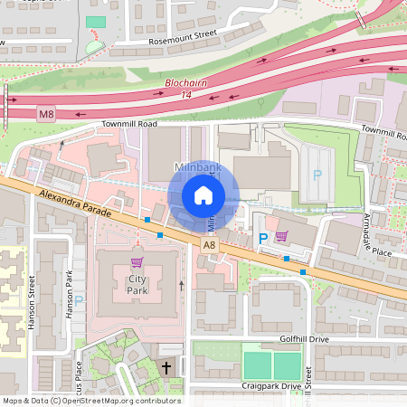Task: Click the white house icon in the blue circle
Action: (203, 195)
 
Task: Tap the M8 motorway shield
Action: (46, 114)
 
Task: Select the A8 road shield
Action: (209, 244)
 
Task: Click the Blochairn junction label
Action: (187, 83)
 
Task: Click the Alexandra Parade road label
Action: (75, 204)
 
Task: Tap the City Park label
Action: (137, 285)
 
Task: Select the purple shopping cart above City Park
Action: (137, 262)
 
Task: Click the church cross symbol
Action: (166, 367)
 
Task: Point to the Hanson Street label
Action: (32, 302)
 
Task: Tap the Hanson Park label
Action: (69, 295)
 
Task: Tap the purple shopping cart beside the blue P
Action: (281, 236)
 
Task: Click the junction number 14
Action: (186, 94)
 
